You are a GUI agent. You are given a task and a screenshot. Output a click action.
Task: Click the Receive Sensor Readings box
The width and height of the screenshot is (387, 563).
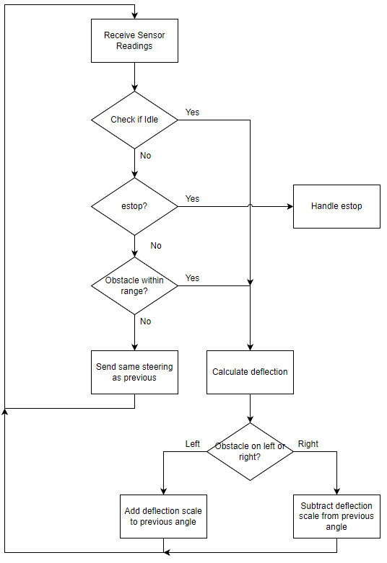coord(134,40)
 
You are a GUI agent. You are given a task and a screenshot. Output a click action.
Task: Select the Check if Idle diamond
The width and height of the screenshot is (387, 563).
coord(134,120)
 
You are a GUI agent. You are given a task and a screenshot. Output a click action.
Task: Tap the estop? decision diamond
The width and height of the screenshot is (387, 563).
coord(134,206)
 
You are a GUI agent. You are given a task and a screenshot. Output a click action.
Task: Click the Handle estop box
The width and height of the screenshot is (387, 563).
coord(336,206)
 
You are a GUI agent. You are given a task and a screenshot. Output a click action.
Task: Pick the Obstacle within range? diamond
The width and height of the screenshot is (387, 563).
coord(134,285)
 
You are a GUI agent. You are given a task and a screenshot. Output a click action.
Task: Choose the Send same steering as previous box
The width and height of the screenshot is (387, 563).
coord(134,373)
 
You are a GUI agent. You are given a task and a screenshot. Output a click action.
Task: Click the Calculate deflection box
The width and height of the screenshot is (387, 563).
coord(250,373)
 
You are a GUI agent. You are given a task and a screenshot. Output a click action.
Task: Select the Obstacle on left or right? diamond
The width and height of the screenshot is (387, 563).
coord(250,452)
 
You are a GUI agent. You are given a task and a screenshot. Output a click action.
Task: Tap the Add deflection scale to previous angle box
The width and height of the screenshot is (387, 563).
coord(163,516)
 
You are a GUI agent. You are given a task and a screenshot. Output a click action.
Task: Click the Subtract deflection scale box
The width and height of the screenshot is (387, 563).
coord(336,516)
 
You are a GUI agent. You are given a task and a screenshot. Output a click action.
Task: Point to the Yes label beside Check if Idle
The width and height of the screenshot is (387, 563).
coord(192,112)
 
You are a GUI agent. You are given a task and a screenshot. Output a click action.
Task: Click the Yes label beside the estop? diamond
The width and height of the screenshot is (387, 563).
coord(192,199)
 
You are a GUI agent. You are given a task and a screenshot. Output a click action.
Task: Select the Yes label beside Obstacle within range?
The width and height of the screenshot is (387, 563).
coord(192,278)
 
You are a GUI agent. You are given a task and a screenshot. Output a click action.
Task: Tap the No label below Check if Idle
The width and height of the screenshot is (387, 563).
coord(146,156)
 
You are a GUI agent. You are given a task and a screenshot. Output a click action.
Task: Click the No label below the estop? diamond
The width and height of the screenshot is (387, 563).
coord(156,246)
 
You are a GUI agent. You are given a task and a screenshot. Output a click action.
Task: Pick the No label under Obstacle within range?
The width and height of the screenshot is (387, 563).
coord(146,322)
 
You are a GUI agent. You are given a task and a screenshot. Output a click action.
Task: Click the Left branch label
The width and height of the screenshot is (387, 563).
coord(193,444)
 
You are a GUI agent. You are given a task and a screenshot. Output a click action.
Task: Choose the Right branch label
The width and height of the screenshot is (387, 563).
coord(308,444)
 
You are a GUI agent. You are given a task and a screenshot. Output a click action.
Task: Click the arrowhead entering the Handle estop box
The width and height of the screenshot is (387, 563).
coord(290,206)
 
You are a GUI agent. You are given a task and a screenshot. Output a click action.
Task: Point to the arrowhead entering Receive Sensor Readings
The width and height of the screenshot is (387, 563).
coord(134,16)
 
